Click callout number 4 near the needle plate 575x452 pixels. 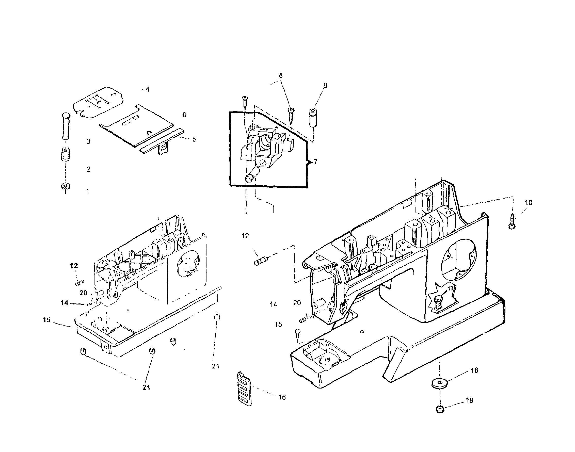tap(147, 89)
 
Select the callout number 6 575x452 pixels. tap(184, 115)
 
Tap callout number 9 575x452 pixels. tap(325, 86)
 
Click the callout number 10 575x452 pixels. tap(529, 203)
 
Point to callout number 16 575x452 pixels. tap(282, 397)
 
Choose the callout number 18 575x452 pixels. tap(474, 370)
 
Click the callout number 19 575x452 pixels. tap(469, 400)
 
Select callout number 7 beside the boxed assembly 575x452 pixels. tap(315, 162)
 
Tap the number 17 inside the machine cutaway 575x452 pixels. tap(450, 288)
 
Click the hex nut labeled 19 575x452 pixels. tap(440, 409)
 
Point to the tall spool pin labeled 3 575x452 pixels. tap(65, 126)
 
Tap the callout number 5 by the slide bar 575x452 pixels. tap(195, 139)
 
